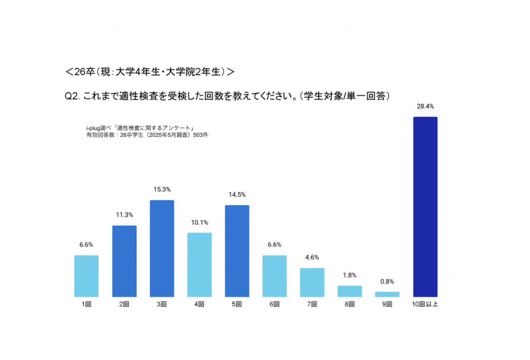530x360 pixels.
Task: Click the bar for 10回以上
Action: [425, 207]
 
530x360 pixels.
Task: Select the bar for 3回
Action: [162, 249]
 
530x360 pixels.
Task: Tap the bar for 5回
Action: [237, 251]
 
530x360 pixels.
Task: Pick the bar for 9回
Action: [387, 294]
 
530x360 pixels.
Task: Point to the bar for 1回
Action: [86, 276]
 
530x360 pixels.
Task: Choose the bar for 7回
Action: [312, 282]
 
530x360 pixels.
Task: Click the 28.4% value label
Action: [425, 106]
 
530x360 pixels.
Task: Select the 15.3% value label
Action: [162, 190]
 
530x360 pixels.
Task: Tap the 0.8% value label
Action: [387, 282]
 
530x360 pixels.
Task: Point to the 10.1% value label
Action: [199, 223]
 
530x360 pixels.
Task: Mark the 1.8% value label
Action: [349, 275]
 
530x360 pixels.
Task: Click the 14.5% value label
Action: [237, 195]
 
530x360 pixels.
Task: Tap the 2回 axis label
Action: [124, 305]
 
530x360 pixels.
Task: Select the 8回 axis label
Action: [349, 305]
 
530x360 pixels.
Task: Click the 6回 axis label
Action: [274, 305]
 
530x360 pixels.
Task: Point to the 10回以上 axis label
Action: [425, 305]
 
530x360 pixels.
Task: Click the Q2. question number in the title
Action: [71, 96]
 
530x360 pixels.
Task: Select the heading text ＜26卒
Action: [77, 72]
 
